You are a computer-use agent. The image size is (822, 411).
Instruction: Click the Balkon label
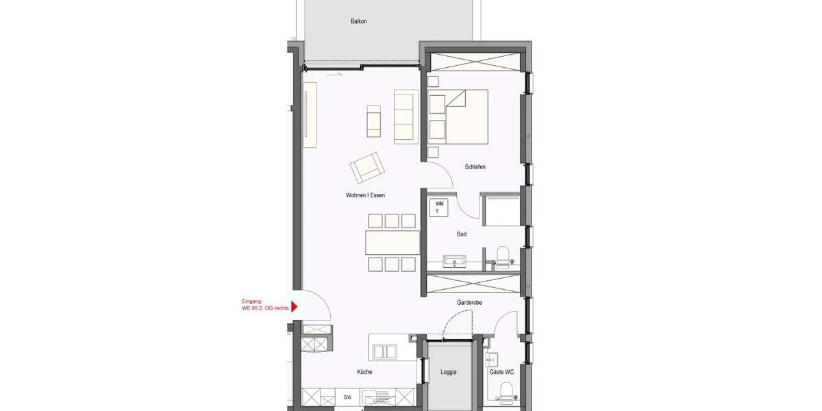[x=359, y=21]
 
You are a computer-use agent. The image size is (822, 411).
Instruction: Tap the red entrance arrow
[x=294, y=307]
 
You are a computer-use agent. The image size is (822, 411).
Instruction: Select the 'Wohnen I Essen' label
[x=365, y=195]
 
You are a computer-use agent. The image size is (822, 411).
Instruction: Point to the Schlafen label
[x=475, y=167]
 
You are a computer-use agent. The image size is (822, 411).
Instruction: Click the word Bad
[x=462, y=234]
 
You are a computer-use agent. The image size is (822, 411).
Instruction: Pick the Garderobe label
[x=471, y=302]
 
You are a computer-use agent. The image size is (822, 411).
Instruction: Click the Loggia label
[x=449, y=373]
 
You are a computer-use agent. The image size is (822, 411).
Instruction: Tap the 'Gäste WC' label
[x=500, y=373]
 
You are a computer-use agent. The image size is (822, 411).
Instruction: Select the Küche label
[x=364, y=372]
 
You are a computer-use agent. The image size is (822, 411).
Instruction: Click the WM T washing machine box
[x=439, y=208]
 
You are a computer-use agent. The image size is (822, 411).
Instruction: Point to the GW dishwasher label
[x=347, y=397]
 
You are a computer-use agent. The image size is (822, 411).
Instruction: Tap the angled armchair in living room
[x=367, y=167]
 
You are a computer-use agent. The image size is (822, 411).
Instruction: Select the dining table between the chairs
[x=393, y=242]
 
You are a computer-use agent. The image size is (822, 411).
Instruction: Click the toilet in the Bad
[x=504, y=256]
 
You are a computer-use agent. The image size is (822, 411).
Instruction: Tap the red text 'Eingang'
[x=252, y=301]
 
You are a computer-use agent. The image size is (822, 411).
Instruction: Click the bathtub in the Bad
[x=502, y=210]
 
